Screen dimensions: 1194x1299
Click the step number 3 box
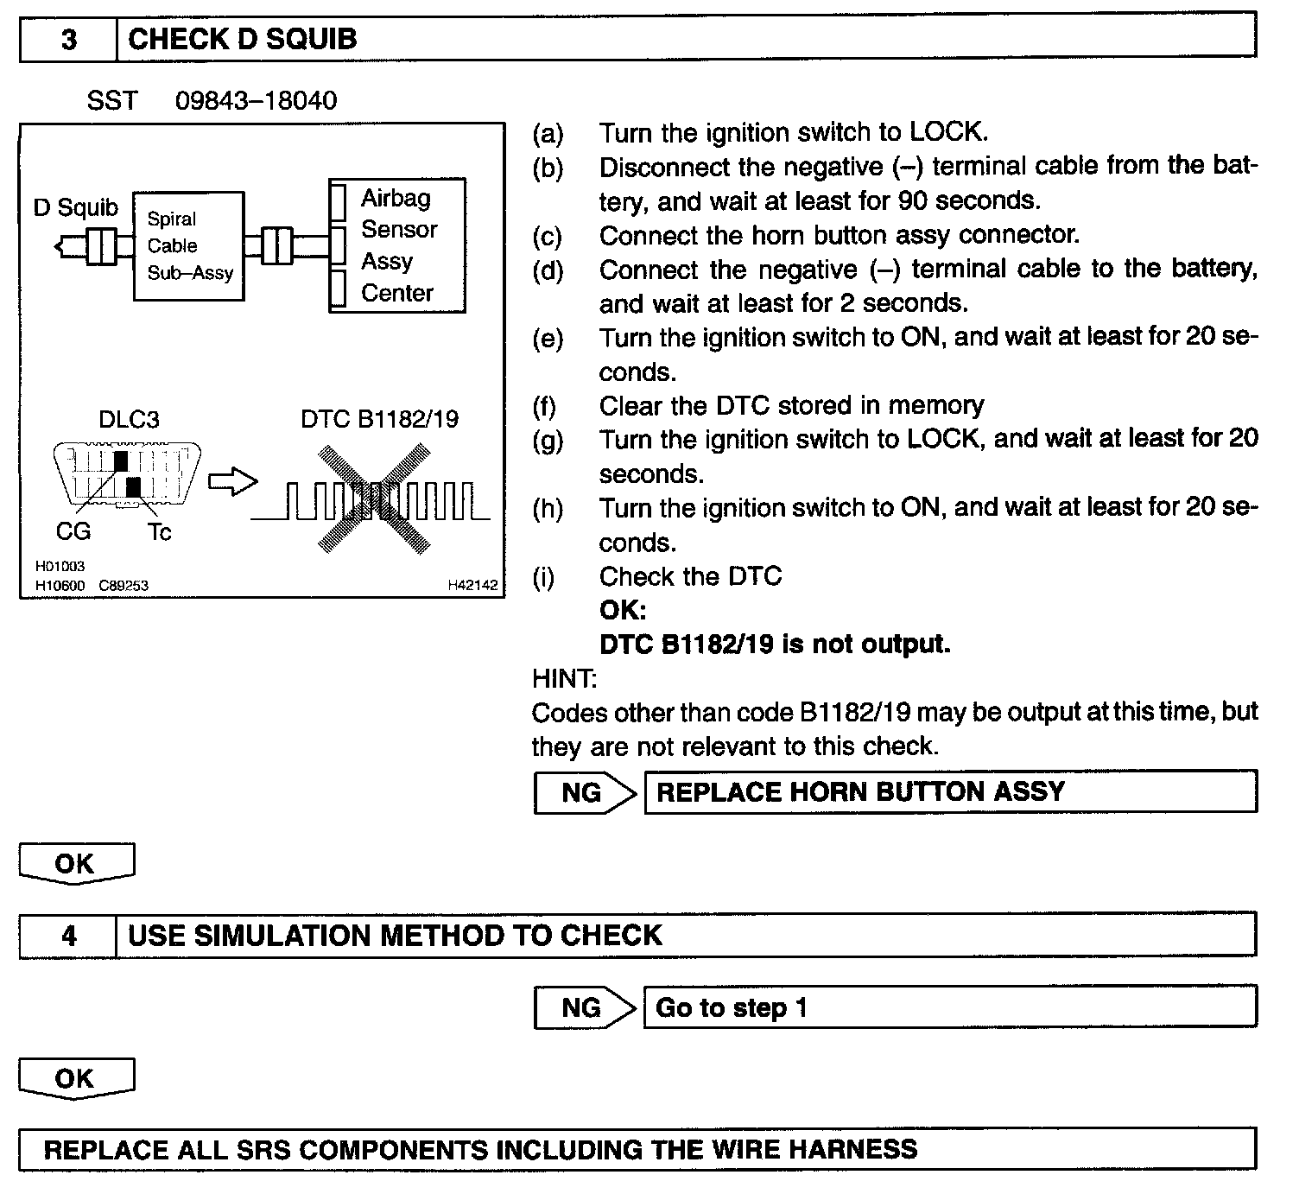click(68, 40)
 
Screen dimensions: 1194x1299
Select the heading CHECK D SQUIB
click(242, 40)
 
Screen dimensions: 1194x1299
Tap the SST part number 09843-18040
click(256, 101)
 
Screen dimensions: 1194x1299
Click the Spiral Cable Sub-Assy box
click(189, 246)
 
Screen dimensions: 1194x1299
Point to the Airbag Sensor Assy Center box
click(397, 245)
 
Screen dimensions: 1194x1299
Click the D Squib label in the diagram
click(76, 208)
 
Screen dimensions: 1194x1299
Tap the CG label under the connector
click(73, 531)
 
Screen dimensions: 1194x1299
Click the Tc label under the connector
click(160, 532)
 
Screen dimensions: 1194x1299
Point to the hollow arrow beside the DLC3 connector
click(233, 482)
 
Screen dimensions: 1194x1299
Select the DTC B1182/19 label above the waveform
click(379, 420)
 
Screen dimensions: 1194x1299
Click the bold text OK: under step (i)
click(623, 610)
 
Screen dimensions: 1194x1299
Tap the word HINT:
click(564, 678)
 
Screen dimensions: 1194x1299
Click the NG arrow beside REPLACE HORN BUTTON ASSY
click(583, 792)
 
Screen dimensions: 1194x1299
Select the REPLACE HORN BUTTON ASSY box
click(950, 792)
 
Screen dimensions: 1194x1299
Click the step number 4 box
click(68, 936)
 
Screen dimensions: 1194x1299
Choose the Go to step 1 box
click(950, 1007)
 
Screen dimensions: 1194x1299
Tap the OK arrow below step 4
click(76, 1079)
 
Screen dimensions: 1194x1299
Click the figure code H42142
click(472, 585)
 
